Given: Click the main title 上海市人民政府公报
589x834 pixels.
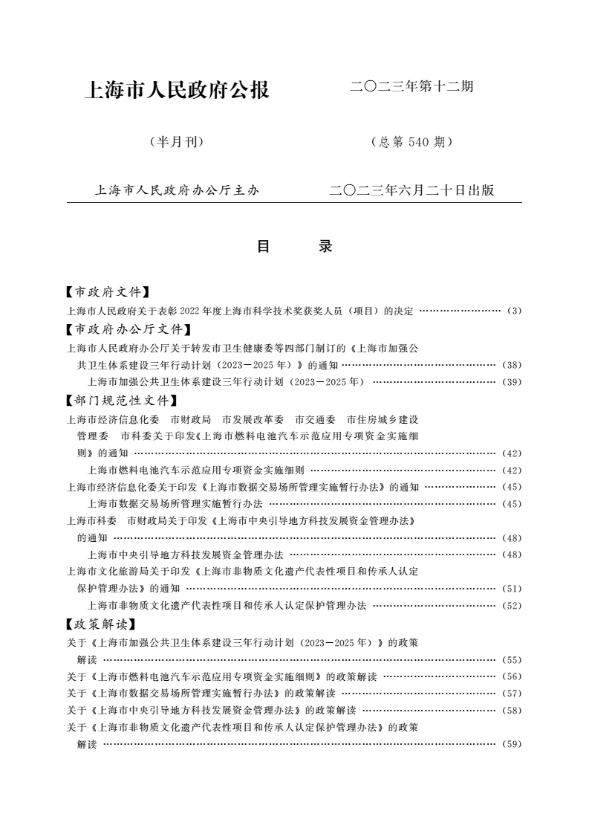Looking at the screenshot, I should [178, 91].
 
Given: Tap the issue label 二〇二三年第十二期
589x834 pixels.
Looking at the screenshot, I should [411, 87].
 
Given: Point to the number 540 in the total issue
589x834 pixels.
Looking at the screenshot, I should [419, 142].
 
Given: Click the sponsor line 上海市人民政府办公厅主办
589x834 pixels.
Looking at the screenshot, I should [177, 190].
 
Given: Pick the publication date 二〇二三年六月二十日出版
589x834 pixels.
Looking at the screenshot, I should [411, 190].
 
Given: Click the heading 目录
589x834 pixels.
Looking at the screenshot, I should [294, 247].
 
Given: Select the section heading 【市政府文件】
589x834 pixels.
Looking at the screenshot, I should [108, 293].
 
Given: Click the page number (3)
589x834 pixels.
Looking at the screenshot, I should [515, 311].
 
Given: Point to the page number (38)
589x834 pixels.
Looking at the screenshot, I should [512, 365].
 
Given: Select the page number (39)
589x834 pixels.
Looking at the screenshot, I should [512, 382].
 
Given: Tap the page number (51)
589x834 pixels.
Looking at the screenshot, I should [512, 589].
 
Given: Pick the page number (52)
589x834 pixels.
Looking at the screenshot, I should [512, 606].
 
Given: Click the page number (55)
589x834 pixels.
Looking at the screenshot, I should [512, 659].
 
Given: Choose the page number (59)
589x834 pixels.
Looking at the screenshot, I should [512, 743].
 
